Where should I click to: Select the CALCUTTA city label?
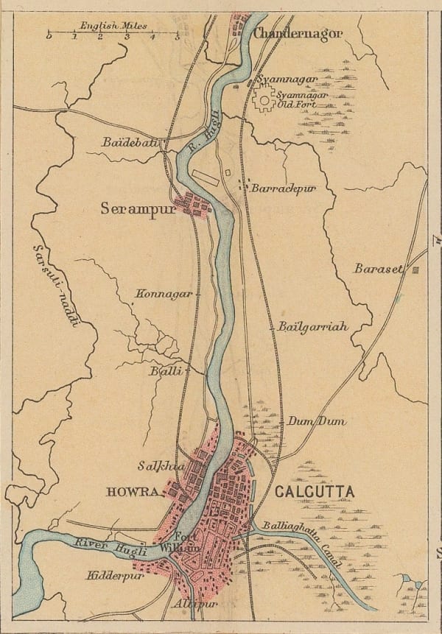(x=314, y=491)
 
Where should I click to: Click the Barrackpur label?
(x=283, y=189)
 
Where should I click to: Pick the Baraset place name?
(x=379, y=269)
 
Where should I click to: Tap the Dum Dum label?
(x=315, y=421)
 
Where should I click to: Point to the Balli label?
(x=166, y=371)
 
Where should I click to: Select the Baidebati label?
(x=131, y=142)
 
